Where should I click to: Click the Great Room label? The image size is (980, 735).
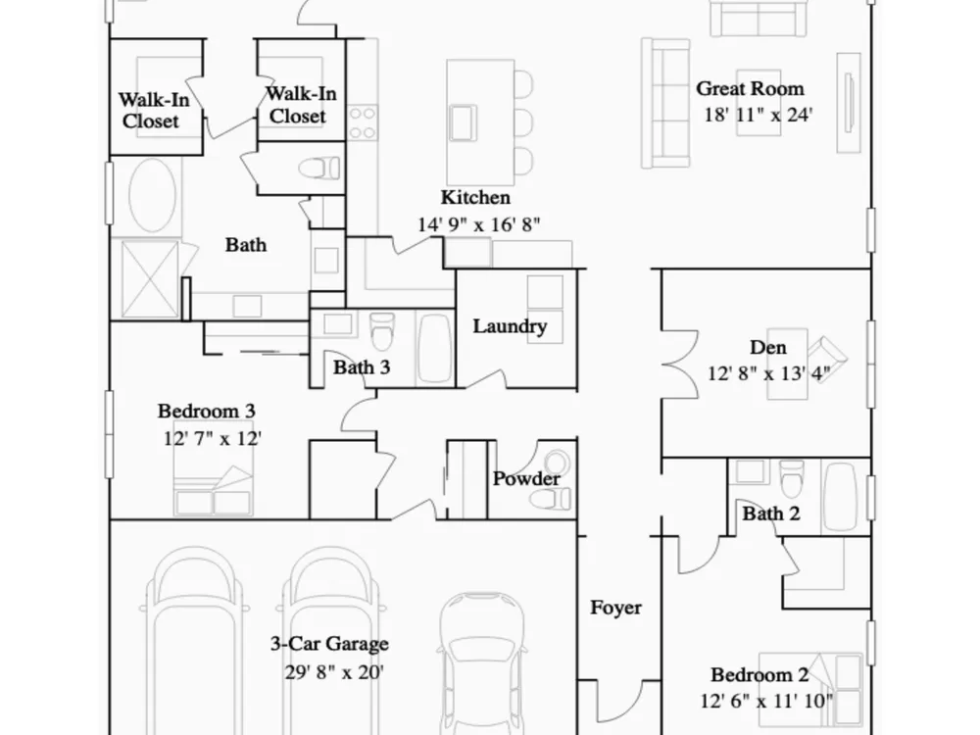point(750,89)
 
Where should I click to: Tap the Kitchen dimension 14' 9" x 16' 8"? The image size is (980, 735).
point(479,224)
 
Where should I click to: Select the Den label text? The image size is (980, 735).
point(768,348)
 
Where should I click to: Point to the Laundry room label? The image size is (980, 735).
point(510,326)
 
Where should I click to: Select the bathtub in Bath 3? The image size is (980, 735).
point(434,348)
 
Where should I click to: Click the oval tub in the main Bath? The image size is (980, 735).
point(153,194)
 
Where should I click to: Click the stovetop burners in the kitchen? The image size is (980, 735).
point(363,122)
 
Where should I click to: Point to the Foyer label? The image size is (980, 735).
point(615,608)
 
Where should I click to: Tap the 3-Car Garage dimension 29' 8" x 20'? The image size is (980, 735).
point(334,672)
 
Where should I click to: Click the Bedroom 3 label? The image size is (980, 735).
point(206,412)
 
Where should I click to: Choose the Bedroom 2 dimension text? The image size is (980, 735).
point(766,702)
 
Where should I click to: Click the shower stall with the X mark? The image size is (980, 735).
point(150,278)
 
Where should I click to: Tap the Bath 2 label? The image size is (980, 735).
point(771,514)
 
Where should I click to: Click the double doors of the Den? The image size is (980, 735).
point(681,364)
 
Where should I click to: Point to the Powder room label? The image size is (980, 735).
point(526,479)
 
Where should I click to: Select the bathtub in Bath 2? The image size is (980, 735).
point(841,497)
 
